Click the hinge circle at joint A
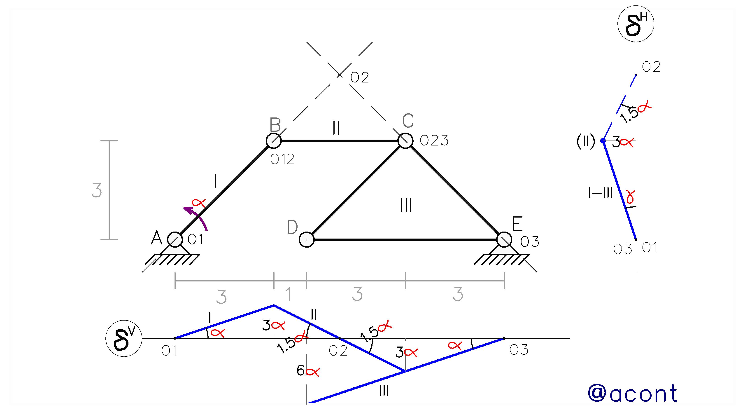[x=175, y=240]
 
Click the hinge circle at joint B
[x=274, y=141]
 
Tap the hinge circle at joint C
[x=405, y=141]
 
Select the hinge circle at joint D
[x=307, y=240]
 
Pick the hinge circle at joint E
[x=504, y=240]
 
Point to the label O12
[x=282, y=159]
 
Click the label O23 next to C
[x=434, y=141]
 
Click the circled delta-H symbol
[x=636, y=24]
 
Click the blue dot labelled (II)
[x=603, y=141]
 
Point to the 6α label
[x=308, y=371]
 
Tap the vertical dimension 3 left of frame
[x=97, y=191]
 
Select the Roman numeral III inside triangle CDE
[x=406, y=205]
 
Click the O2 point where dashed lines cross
[x=340, y=75]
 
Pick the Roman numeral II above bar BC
[x=336, y=128]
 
